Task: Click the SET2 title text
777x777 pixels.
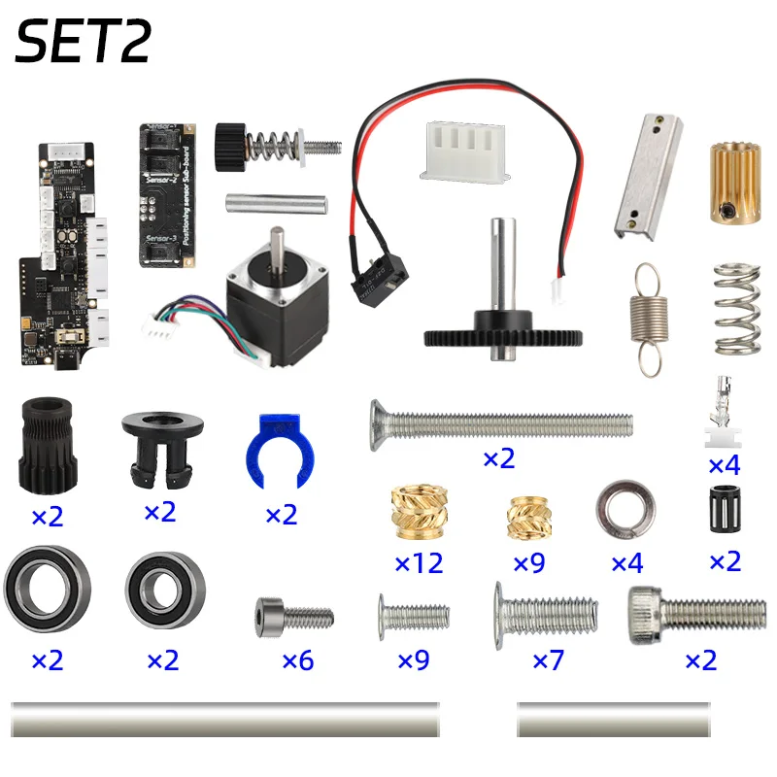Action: (84, 44)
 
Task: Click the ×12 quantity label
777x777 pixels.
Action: (419, 562)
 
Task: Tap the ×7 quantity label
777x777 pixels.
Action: (546, 660)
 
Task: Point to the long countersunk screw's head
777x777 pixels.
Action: (381, 425)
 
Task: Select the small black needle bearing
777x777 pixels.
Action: (725, 506)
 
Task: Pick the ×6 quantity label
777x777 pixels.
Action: (297, 660)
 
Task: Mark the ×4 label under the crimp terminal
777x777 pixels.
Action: (724, 464)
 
